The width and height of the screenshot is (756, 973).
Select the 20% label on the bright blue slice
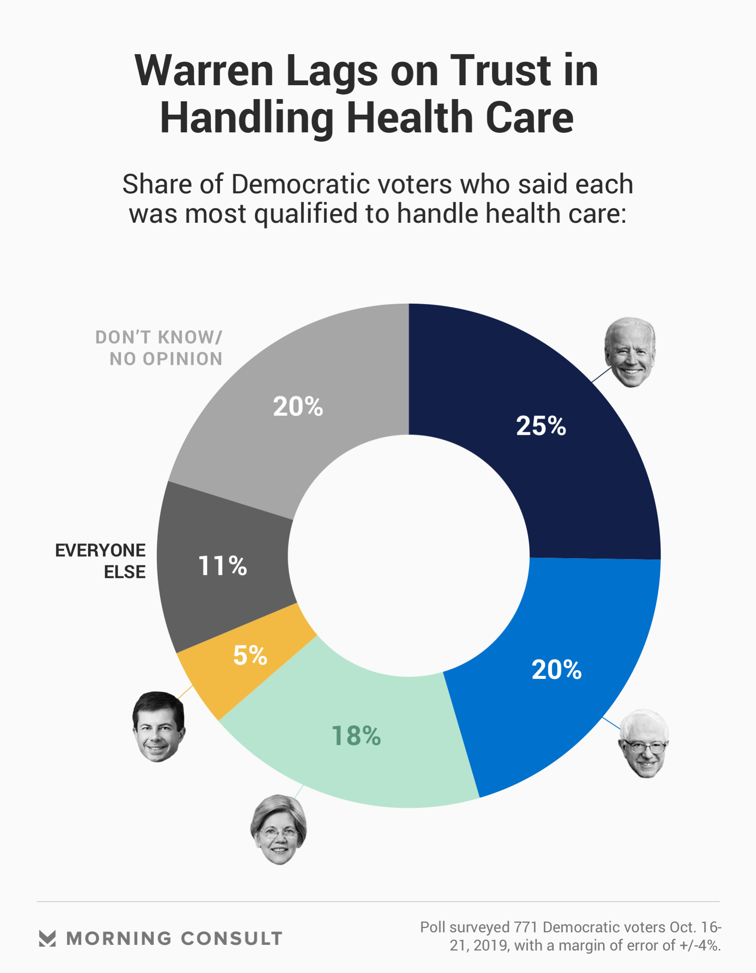[x=556, y=669]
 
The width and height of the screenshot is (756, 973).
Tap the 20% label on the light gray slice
[x=298, y=406]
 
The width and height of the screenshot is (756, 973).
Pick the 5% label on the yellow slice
[x=250, y=655]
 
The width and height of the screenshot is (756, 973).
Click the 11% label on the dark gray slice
[x=222, y=566]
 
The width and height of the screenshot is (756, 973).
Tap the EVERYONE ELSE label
[x=101, y=561]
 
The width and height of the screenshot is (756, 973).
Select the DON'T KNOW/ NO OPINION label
[x=159, y=348]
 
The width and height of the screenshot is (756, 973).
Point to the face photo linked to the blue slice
[x=644, y=744]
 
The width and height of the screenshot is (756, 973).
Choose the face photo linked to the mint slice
[x=279, y=829]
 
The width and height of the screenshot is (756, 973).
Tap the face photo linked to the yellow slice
[x=159, y=727]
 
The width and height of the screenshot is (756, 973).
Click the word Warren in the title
[x=204, y=71]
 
